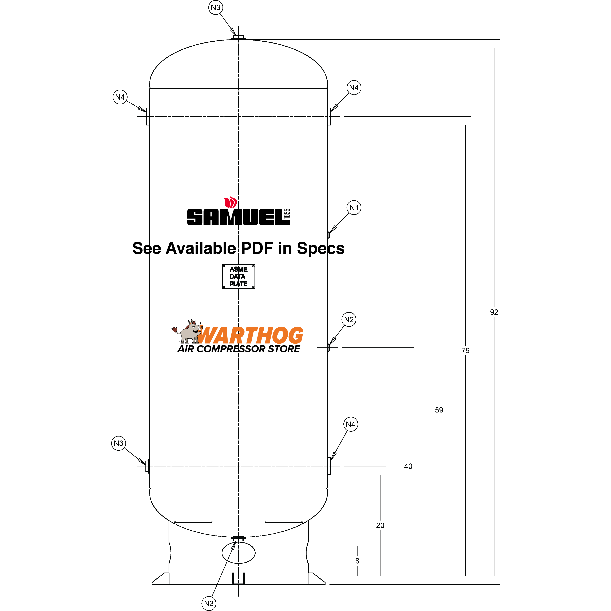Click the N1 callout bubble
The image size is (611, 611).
(354, 208)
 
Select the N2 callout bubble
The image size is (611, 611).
(349, 320)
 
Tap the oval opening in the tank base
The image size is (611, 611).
(239, 553)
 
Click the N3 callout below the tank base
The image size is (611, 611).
(209, 603)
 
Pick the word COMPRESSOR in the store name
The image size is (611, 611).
(232, 349)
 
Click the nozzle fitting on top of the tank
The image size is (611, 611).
(239, 38)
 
